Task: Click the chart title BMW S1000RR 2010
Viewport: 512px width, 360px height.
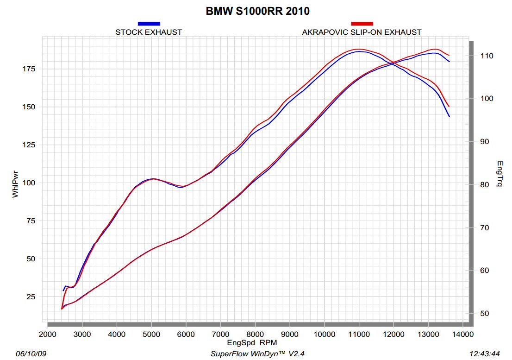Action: click(x=257, y=11)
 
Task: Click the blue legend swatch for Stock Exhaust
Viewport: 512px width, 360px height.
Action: click(x=149, y=23)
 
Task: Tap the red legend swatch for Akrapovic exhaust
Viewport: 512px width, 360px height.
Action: click(x=362, y=23)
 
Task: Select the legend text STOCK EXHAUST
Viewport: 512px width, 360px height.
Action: click(x=149, y=32)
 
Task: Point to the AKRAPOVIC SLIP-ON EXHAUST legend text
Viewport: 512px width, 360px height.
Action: click(x=362, y=32)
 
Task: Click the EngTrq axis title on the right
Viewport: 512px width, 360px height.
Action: click(x=500, y=174)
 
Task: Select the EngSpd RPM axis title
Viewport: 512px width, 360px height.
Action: click(x=252, y=343)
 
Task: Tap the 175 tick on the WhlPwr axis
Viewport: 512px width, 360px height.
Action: click(x=29, y=69)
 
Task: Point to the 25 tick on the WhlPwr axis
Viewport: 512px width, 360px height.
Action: click(x=31, y=297)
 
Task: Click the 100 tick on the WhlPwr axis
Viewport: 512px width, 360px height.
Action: click(x=29, y=183)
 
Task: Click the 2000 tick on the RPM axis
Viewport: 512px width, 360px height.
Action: click(x=47, y=334)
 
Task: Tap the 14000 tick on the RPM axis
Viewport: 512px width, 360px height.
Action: click(x=462, y=334)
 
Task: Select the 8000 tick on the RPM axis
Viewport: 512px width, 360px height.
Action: click(x=255, y=334)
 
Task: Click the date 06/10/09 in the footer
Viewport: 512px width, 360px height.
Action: click(x=31, y=354)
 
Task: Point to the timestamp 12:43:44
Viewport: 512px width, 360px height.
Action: click(x=484, y=354)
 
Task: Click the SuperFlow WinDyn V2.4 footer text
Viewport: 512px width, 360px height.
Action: click(x=258, y=354)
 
